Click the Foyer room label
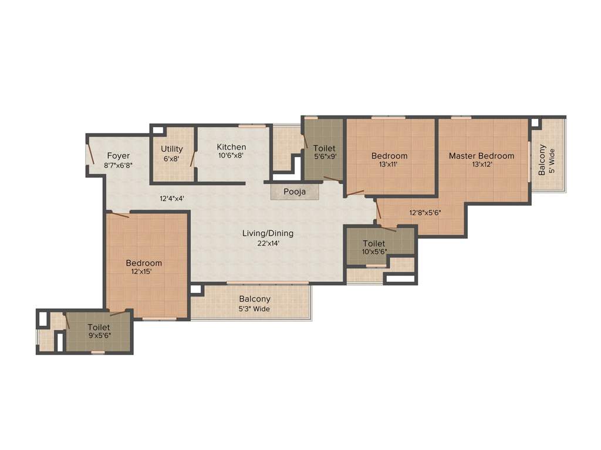(x=118, y=156)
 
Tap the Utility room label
(x=172, y=149)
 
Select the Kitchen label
(x=231, y=147)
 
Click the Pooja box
(x=295, y=192)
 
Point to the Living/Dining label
(x=268, y=233)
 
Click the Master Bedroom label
(x=481, y=156)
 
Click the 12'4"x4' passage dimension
(x=173, y=199)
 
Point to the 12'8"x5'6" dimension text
(x=425, y=213)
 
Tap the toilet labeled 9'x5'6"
(x=99, y=331)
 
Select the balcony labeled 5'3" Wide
(x=254, y=304)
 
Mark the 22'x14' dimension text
(x=268, y=243)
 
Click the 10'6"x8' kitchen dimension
(x=231, y=156)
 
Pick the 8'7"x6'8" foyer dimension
(x=118, y=165)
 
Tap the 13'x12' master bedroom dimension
(x=481, y=165)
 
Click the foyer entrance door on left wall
(x=91, y=155)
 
